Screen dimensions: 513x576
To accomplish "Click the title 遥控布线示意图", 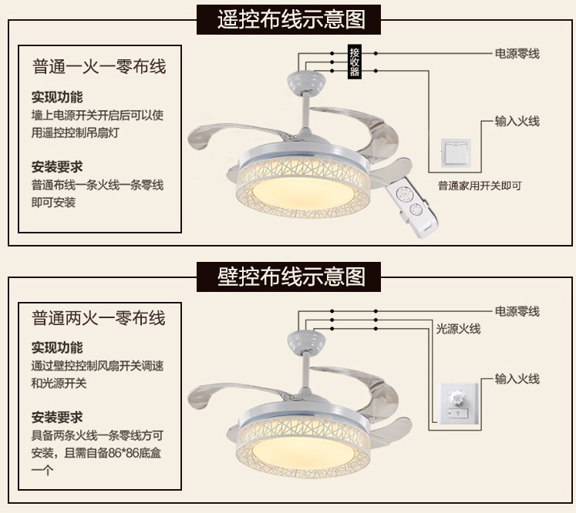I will tap(291, 18).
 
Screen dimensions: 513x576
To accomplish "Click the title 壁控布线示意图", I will tap(291, 275).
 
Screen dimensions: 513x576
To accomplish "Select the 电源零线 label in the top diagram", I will tap(517, 54).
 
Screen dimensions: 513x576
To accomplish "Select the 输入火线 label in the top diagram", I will tap(517, 121).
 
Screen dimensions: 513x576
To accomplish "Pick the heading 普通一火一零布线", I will tap(99, 67).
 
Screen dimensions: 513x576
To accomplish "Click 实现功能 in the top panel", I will tap(57, 97).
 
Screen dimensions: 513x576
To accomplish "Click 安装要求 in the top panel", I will tap(57, 166).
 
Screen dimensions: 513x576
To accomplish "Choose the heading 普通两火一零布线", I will tap(99, 317).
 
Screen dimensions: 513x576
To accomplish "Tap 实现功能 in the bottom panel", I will tap(57, 347).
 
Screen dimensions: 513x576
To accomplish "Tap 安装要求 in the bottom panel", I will tap(57, 417).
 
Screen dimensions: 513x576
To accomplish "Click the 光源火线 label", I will tap(459, 329).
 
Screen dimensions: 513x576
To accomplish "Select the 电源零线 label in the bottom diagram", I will tap(517, 311).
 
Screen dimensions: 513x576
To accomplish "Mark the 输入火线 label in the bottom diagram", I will tap(517, 379).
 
